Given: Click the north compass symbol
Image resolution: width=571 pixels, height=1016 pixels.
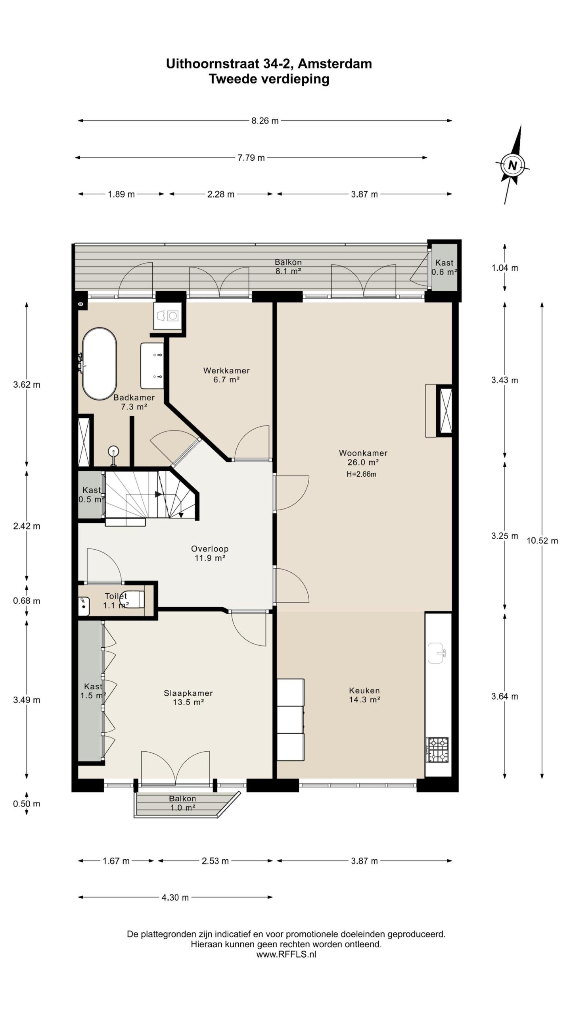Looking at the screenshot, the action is pos(513,165).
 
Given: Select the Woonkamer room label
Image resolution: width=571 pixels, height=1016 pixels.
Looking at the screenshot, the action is pos(363,458).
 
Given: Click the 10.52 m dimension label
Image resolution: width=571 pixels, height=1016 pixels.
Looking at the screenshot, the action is pos(542,540).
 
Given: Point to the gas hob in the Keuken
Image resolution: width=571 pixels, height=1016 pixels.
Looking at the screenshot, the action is pos(437,749).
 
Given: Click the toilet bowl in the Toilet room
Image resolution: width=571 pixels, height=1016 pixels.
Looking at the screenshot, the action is pos(132,599).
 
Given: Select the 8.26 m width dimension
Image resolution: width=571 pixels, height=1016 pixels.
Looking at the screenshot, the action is pos(265,121).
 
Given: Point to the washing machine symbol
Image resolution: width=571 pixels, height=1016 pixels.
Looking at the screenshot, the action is pos(168,316).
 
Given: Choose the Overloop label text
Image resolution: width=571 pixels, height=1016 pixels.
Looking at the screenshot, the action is pos(210,548).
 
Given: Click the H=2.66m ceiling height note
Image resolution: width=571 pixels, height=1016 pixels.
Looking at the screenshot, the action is pos(361,474).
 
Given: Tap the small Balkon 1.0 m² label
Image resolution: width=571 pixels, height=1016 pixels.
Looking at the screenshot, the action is pos(182,803).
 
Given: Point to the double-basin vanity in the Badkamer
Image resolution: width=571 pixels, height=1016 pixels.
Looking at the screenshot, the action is pos(152,366).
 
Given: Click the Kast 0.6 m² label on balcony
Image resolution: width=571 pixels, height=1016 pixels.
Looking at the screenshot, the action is pos(444,267).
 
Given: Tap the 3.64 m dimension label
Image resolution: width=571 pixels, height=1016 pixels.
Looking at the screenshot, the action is pos(505,696).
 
